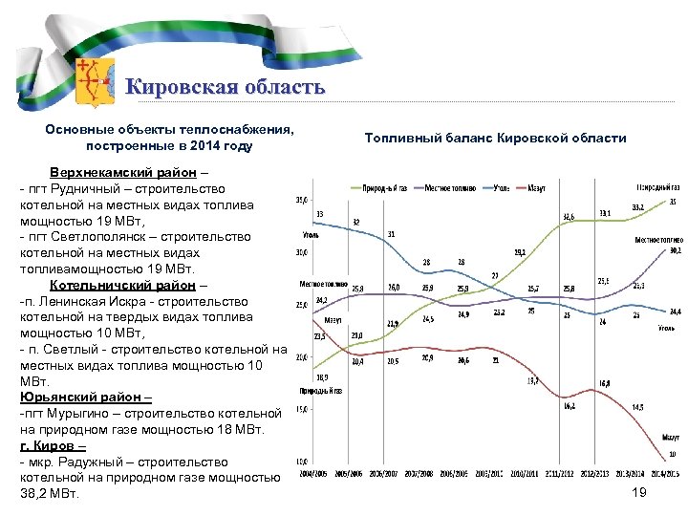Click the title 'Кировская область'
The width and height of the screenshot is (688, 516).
point(226,88)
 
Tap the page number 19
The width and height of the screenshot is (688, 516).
point(639,491)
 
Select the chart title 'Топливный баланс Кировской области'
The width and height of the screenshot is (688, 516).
point(496,139)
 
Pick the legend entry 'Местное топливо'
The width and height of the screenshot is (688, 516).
point(447,187)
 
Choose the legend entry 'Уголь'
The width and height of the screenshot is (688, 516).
point(501,187)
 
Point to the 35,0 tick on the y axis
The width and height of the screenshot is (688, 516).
point(301,200)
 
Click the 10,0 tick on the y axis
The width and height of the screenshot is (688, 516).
point(301,461)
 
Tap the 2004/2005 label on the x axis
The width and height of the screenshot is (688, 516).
point(317,473)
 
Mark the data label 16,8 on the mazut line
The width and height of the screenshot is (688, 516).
point(605,383)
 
